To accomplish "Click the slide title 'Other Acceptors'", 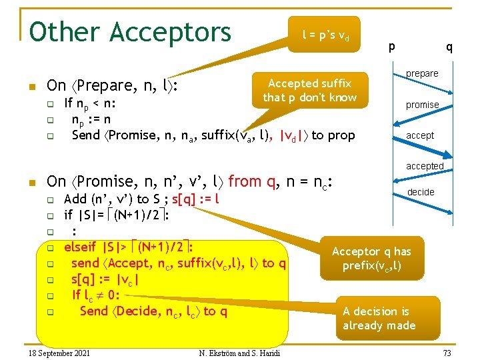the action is click(x=130, y=32).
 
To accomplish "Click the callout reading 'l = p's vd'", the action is click(x=324, y=34).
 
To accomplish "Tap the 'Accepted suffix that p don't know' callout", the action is click(x=309, y=91).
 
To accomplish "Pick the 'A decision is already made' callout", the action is click(x=379, y=318).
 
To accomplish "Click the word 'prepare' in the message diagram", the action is click(x=423, y=73).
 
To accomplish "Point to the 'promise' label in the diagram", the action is click(x=423, y=105).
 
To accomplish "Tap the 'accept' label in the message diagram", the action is click(x=420, y=135).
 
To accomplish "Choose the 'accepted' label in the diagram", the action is click(x=425, y=166).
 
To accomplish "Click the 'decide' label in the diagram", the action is click(x=421, y=192).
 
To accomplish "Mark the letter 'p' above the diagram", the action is click(x=391, y=46).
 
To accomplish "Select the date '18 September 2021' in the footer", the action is click(x=56, y=352).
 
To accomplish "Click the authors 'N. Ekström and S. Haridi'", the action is click(x=239, y=352).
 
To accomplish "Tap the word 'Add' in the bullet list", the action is click(x=75, y=199).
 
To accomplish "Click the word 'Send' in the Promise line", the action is click(x=85, y=135).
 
